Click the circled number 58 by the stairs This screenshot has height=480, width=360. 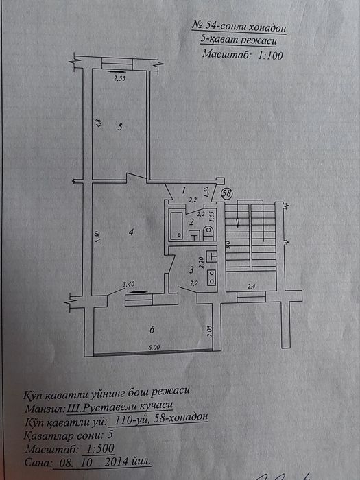(226, 194)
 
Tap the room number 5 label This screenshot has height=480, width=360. (119, 127)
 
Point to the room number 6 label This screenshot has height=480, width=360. (152, 330)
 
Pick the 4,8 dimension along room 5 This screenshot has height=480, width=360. (99, 123)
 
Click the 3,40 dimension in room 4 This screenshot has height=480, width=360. (128, 283)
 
